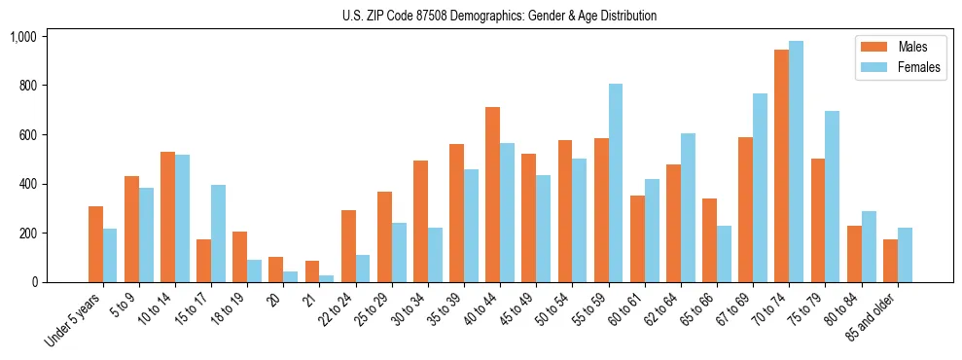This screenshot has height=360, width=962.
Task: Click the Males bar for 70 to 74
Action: [781, 165]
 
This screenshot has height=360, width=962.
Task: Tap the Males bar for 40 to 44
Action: [492, 195]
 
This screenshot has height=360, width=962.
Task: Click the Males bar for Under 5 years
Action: [95, 244]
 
